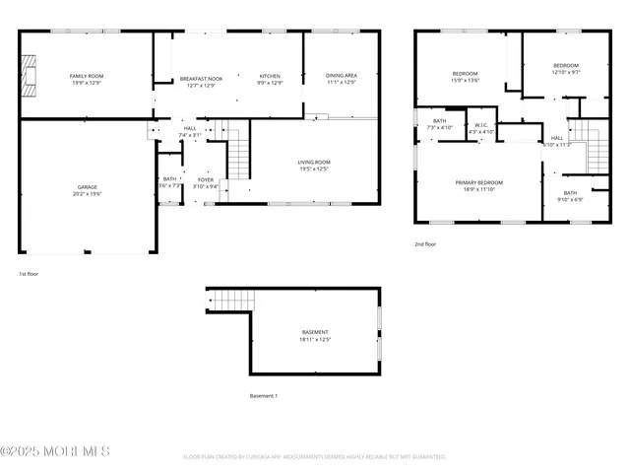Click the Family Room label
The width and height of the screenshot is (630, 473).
86,76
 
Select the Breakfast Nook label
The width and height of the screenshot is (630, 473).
200,78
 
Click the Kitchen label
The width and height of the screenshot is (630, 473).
270,76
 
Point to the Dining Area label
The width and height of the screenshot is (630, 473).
342,76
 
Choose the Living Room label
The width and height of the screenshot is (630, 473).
314,162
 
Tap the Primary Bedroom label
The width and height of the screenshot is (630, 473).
478,182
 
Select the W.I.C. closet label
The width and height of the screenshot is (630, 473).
481,125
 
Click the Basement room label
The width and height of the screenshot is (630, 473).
315,332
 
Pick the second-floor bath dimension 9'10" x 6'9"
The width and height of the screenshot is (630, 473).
570,200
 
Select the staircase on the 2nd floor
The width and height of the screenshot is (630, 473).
597,154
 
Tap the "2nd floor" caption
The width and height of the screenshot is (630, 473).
425,243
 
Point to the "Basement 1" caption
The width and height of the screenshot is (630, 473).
264,396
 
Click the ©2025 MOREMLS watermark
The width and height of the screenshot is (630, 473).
55,452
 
